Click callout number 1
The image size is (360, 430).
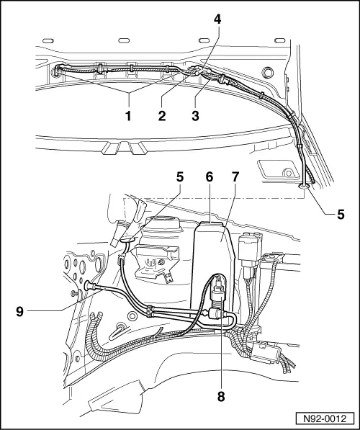(130, 113)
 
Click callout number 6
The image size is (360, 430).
(210, 176)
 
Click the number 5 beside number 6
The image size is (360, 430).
(181, 176)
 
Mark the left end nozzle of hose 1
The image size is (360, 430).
(59, 71)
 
